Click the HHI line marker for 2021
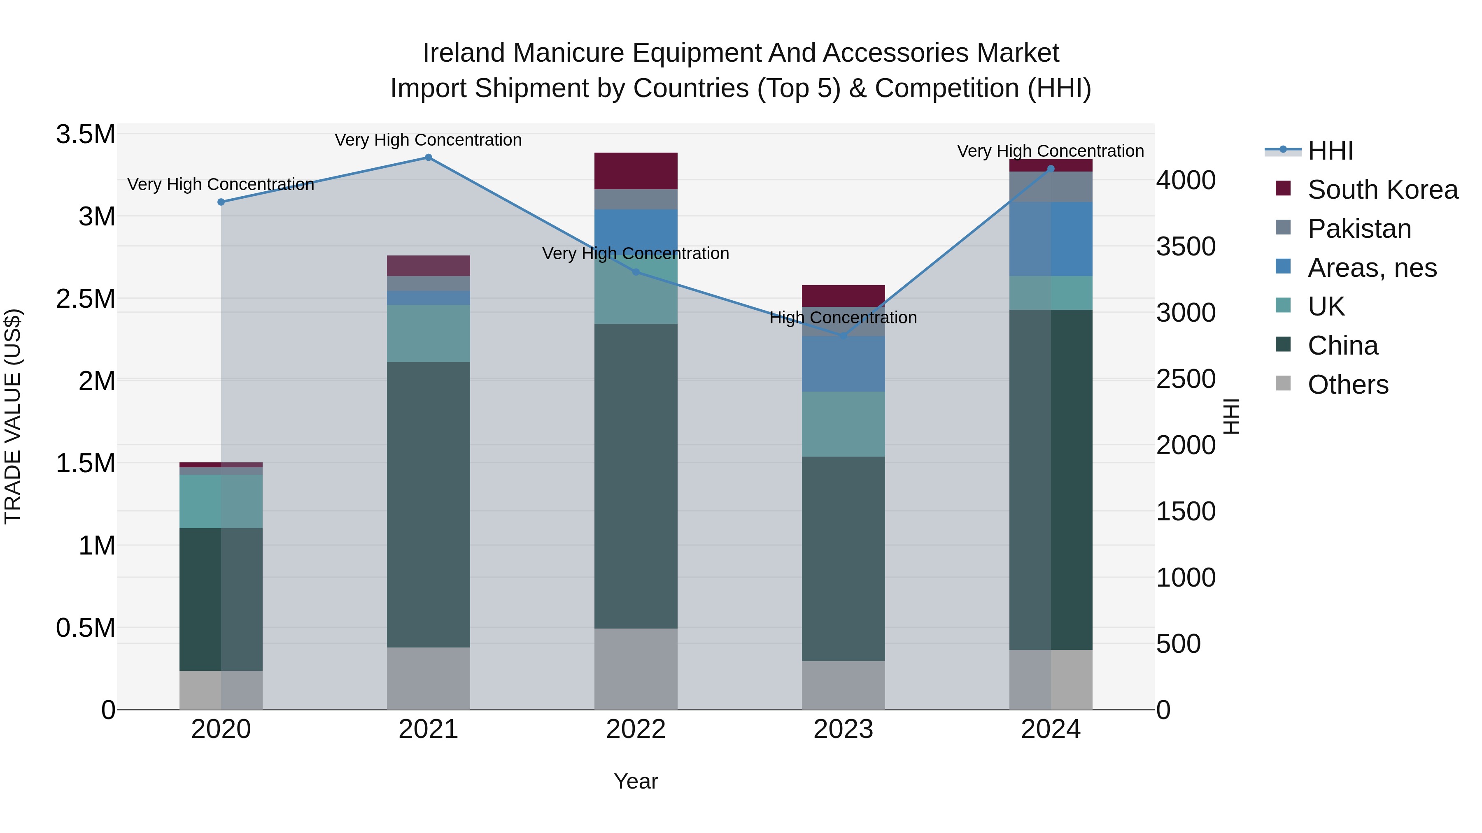pyautogui.click(x=428, y=158)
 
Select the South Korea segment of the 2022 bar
pyautogui.click(x=636, y=171)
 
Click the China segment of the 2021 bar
pyautogui.click(x=428, y=504)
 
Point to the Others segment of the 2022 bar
pyautogui.click(x=636, y=668)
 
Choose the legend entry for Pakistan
pyautogui.click(x=1359, y=229)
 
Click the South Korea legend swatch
pyautogui.click(x=1283, y=188)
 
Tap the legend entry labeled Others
pyautogui.click(x=1347, y=385)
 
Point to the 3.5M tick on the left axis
pyautogui.click(x=86, y=135)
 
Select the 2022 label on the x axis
pyautogui.click(x=636, y=729)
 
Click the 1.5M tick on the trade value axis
pyautogui.click(x=86, y=463)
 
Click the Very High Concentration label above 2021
pyautogui.click(x=428, y=140)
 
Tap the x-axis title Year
pyautogui.click(x=636, y=781)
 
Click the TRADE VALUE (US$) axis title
pyautogui.click(x=13, y=416)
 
